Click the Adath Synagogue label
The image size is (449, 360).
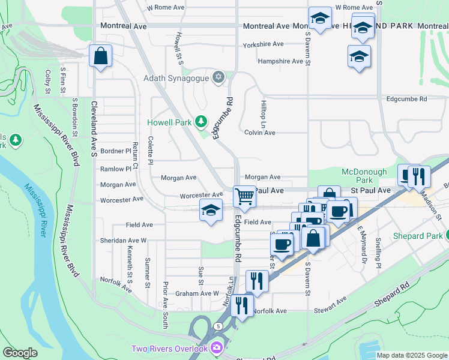pyautogui.click(x=176, y=78)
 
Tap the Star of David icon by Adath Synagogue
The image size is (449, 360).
pyautogui.click(x=218, y=77)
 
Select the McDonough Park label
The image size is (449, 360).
pyautogui.click(x=364, y=176)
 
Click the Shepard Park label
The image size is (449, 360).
pyautogui.click(x=417, y=235)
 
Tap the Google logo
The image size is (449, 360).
pyautogui.click(x=20, y=352)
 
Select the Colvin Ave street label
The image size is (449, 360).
pyautogui.click(x=259, y=133)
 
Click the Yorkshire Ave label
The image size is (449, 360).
pyautogui.click(x=263, y=44)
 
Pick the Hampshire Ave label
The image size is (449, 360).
pyautogui.click(x=280, y=61)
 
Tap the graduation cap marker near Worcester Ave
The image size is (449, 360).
pyautogui.click(x=211, y=211)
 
